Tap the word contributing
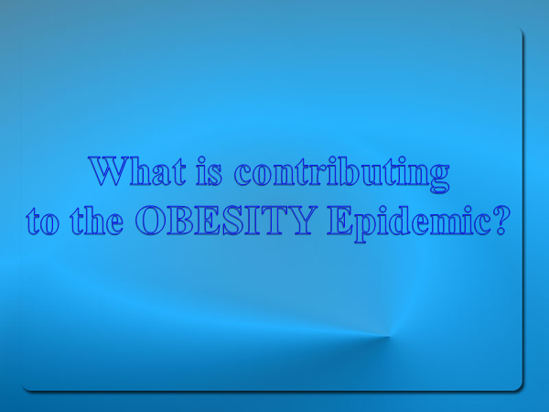click(x=342, y=174)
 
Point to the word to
click(x=43, y=222)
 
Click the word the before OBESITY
click(x=97, y=220)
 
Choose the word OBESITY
click(x=224, y=220)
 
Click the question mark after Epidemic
click(x=500, y=220)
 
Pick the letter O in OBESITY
click(x=151, y=220)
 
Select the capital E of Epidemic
click(x=340, y=220)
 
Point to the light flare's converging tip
click(x=390, y=336)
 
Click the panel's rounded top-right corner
click(x=521, y=31)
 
